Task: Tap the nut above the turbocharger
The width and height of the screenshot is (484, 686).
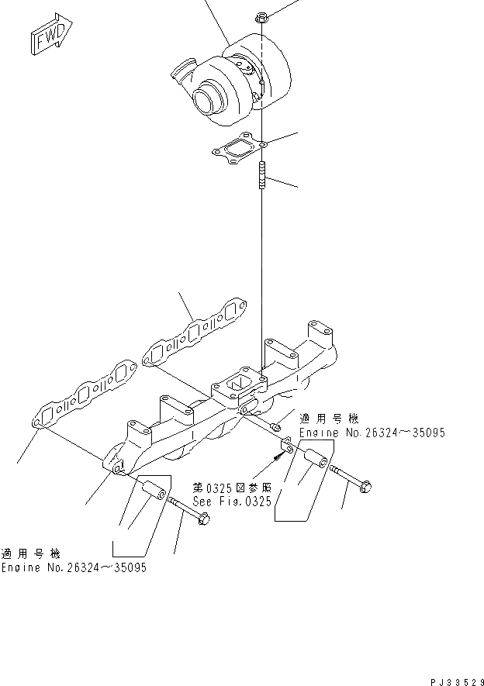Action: [262, 16]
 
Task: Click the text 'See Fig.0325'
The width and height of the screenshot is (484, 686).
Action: [232, 502]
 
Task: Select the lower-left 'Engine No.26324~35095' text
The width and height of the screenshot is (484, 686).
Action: [74, 567]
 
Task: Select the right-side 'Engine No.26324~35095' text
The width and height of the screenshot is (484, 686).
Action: [372, 433]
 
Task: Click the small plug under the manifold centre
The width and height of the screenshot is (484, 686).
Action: [275, 426]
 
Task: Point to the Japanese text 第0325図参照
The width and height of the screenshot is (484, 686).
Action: [232, 488]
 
